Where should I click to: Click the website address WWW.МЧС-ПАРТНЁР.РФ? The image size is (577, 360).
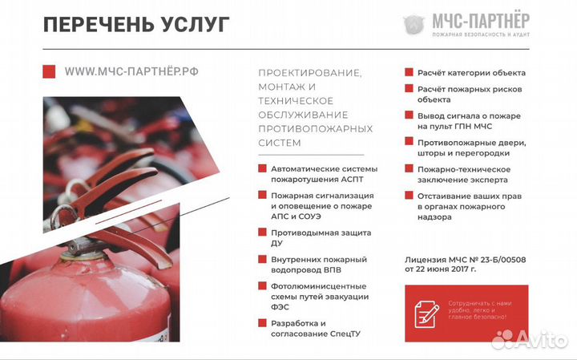(131, 71)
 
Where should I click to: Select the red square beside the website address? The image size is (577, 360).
(49, 71)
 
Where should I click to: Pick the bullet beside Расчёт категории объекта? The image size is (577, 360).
(409, 73)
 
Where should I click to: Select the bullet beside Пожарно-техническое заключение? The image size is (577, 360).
(409, 169)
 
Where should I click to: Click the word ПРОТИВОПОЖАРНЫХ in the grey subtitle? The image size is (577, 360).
(315, 128)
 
